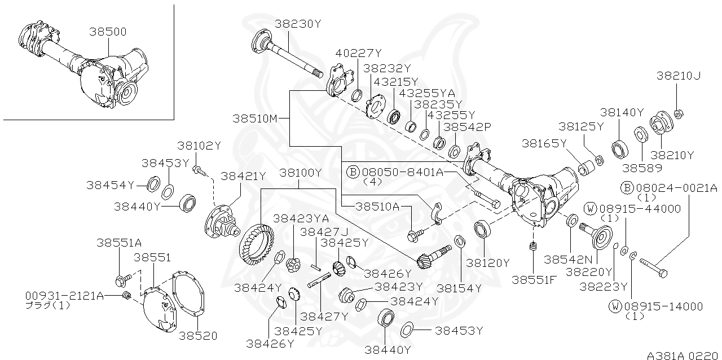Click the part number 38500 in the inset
(107, 32)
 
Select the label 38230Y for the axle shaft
(298, 24)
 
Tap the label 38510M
(255, 118)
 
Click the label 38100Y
(301, 173)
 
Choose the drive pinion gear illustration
(432, 256)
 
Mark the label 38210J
(679, 75)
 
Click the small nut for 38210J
(679, 113)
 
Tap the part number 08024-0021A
(675, 188)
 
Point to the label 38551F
(534, 279)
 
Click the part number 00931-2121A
(64, 295)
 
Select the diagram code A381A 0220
(682, 355)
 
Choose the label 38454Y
(111, 185)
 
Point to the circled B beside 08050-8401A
(353, 172)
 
